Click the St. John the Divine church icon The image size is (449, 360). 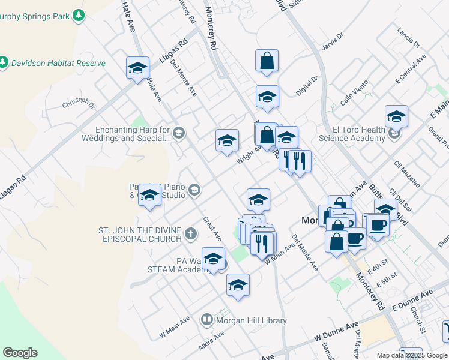coord(191,233)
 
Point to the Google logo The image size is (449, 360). coord(20,353)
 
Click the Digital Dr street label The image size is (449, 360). coord(307,87)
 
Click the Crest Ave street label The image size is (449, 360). coord(212,229)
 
